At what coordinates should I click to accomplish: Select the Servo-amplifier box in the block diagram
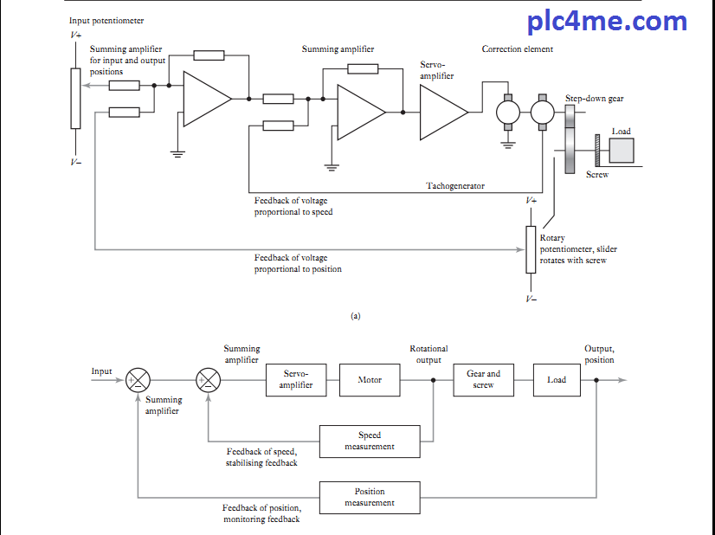click(x=296, y=379)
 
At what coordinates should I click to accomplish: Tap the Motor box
click(x=370, y=379)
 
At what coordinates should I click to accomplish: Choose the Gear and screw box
click(x=483, y=379)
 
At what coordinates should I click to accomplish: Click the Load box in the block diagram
click(x=557, y=379)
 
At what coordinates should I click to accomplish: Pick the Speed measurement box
click(x=370, y=441)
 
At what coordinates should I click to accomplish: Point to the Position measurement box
click(x=370, y=497)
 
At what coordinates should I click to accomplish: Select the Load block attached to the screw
click(x=622, y=150)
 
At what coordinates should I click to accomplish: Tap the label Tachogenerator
click(x=455, y=186)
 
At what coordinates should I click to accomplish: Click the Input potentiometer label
click(x=106, y=20)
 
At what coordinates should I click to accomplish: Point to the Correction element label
click(x=518, y=49)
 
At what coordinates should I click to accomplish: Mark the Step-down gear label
click(x=595, y=99)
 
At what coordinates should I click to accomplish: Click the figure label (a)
click(x=355, y=316)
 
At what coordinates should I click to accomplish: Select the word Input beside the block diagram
click(x=102, y=371)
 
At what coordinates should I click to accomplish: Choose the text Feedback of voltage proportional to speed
click(x=293, y=206)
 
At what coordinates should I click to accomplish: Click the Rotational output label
click(x=428, y=354)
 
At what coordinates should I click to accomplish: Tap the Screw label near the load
click(x=597, y=175)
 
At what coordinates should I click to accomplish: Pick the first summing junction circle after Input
click(x=138, y=380)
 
